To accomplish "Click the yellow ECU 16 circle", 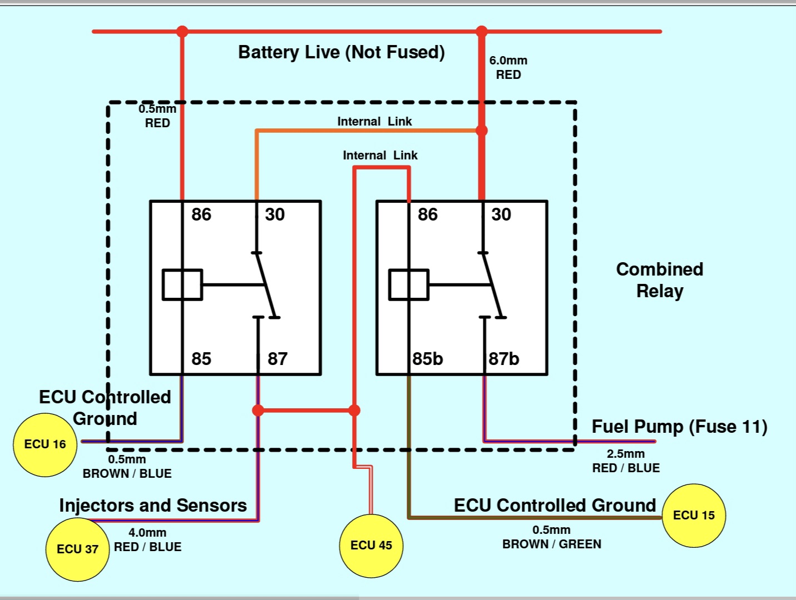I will (x=45, y=444).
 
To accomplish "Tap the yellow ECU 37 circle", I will (x=77, y=549).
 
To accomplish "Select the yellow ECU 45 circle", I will (x=371, y=546).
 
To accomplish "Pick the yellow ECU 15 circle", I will (x=694, y=516).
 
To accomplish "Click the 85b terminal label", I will (x=428, y=359).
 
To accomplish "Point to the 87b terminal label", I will (x=504, y=359).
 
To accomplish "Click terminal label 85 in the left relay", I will (x=201, y=359).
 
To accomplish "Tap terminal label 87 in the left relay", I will (x=278, y=359).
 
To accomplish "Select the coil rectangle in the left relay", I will (x=182, y=284).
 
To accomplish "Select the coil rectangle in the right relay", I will (x=409, y=284).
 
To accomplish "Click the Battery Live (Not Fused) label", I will (x=341, y=52).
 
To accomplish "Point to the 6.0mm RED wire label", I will (x=508, y=67).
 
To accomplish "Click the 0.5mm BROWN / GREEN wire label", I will (x=551, y=537).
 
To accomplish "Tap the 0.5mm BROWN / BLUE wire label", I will (x=127, y=467).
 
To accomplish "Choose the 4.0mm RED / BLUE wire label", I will (x=147, y=540).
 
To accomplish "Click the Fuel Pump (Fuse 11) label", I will (x=679, y=427).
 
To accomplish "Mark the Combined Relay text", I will (x=660, y=280).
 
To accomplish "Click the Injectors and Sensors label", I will (x=153, y=506).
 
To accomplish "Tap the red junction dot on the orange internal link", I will (x=482, y=131).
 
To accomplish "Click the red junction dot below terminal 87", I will (x=258, y=411).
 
